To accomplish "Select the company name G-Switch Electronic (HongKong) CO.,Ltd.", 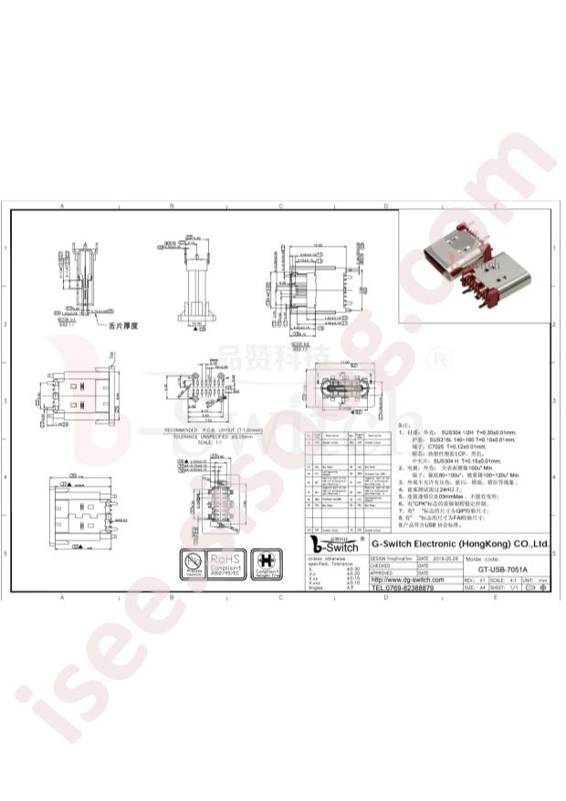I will pyautogui.click(x=461, y=543).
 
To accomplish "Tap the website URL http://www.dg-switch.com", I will pyautogui.click(x=407, y=579).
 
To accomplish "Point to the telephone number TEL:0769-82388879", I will pyautogui.click(x=403, y=588).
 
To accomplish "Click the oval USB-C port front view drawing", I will pyautogui.click(x=339, y=390).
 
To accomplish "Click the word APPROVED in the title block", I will pyautogui.click(x=382, y=571).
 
